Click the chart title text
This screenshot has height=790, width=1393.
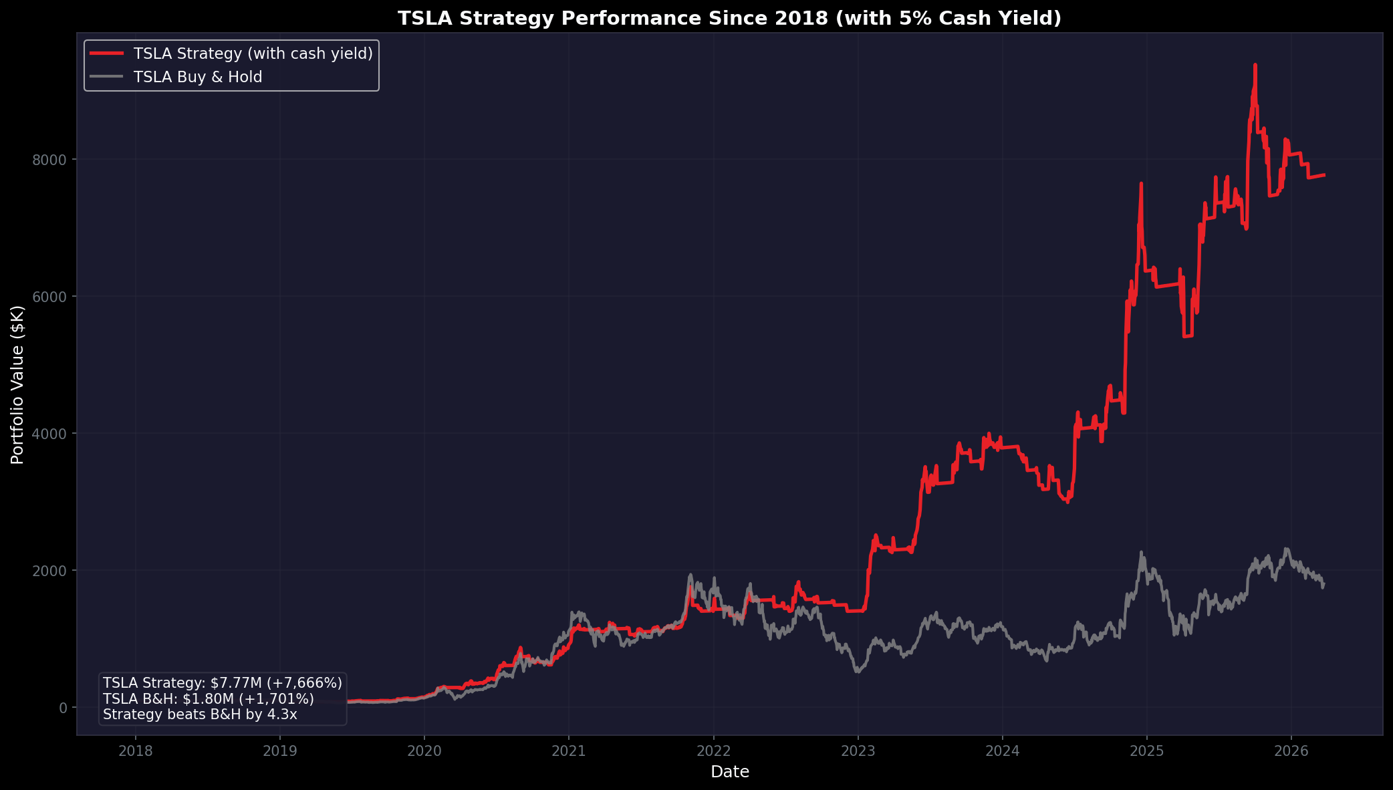pyautogui.click(x=729, y=18)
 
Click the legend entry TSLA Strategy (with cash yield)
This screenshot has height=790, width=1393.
pyautogui.click(x=253, y=53)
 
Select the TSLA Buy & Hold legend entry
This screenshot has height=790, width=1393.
pyautogui.click(x=197, y=77)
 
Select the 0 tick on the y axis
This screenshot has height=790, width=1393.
pyautogui.click(x=64, y=708)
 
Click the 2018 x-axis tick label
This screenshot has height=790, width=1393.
pyautogui.click(x=136, y=751)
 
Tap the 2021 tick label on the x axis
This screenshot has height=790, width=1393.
pyautogui.click(x=569, y=751)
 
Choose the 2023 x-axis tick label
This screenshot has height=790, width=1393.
pyautogui.click(x=858, y=751)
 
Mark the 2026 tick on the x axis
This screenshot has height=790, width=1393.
pyautogui.click(x=1291, y=751)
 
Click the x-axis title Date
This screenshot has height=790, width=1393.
pyautogui.click(x=729, y=772)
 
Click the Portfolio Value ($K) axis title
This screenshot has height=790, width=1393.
pyautogui.click(x=18, y=384)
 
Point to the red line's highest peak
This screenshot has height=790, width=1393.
pyautogui.click(x=1255, y=65)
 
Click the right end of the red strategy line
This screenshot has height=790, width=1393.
pyautogui.click(x=1324, y=175)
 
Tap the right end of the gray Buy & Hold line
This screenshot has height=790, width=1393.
pyautogui.click(x=1323, y=584)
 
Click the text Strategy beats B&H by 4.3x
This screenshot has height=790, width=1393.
pyautogui.click(x=200, y=714)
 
